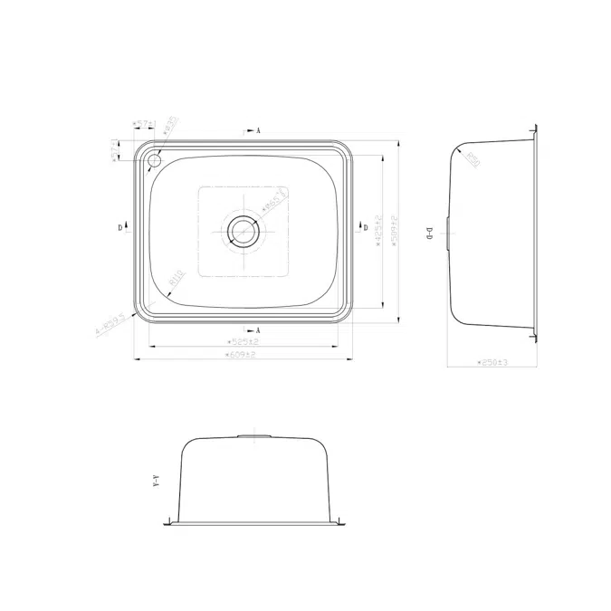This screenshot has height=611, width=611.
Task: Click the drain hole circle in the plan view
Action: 243,231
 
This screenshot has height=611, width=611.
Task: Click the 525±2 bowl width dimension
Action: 242,342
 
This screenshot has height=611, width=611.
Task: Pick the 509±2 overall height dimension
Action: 395,231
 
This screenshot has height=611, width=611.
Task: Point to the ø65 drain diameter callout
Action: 274,199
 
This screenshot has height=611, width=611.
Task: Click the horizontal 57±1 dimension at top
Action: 143,122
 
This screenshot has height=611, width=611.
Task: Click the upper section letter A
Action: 259,131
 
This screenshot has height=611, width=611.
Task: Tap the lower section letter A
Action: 259,329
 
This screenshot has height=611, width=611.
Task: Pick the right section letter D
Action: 365,228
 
